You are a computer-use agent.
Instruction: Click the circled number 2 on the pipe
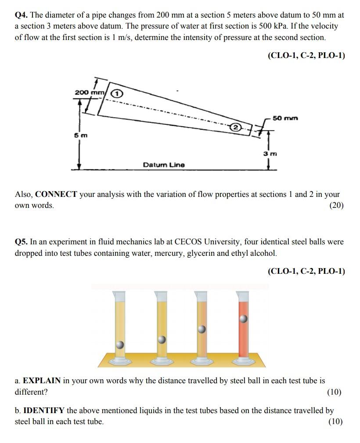[235, 127]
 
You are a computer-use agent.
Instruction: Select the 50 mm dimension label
[285, 118]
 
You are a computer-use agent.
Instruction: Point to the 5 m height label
[80, 135]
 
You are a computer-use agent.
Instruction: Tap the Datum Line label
[164, 165]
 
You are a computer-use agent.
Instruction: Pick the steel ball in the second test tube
[162, 339]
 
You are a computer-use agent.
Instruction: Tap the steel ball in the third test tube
[202, 329]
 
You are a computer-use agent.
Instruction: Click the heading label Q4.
[21, 15]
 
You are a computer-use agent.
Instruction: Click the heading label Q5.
[21, 242]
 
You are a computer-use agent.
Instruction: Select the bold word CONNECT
[56, 194]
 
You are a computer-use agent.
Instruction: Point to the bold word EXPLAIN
[41, 381]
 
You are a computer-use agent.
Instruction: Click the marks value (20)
[337, 206]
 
